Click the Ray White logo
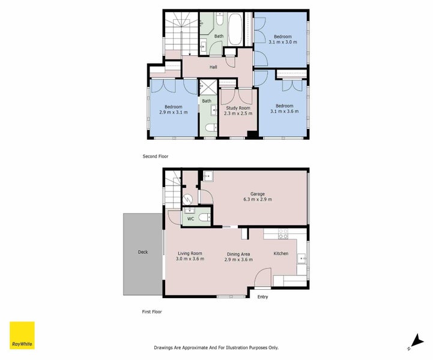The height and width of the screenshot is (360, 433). [22, 335]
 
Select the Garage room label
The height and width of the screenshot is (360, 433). [258, 193]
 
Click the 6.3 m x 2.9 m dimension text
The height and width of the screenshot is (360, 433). [258, 199]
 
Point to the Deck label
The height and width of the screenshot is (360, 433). [142, 252]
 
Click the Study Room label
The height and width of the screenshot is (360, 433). [237, 107]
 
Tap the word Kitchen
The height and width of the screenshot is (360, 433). [281, 253]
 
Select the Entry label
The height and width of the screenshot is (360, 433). [262, 297]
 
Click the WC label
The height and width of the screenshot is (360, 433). [190, 219]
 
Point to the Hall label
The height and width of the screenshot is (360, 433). [213, 67]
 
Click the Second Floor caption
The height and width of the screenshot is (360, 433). [156, 156]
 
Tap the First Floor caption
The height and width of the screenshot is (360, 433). [153, 311]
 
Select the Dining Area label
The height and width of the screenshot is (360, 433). [238, 253]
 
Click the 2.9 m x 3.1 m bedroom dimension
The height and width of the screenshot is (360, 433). [174, 112]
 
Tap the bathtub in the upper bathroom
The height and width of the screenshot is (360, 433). [235, 28]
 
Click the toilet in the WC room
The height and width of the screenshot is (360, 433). [204, 217]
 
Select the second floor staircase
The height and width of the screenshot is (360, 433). [178, 33]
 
